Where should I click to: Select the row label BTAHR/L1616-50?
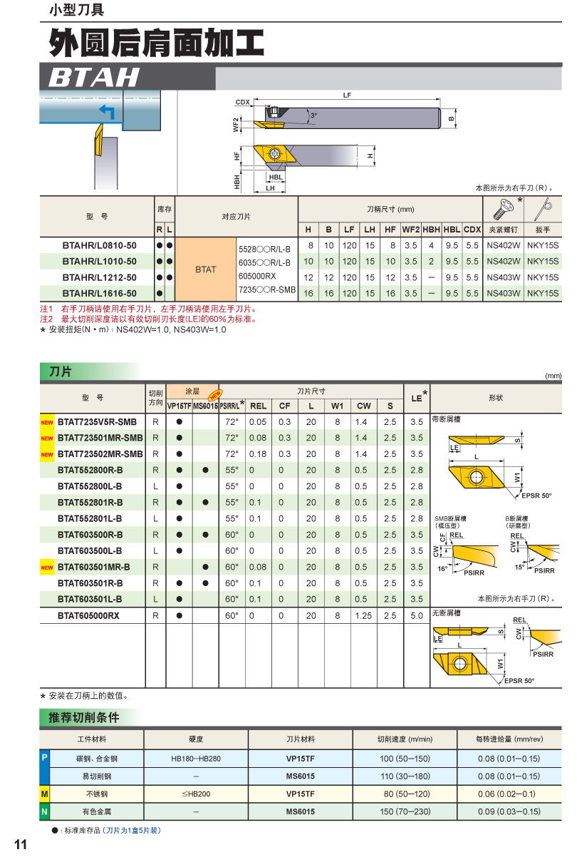[99, 293]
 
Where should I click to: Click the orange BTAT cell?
[205, 270]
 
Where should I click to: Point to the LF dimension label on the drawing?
[347, 95]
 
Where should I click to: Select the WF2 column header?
[410, 230]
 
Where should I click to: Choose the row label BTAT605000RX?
[88, 615]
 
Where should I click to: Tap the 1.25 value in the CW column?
[363, 615]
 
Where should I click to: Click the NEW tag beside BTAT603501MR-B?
[47, 568]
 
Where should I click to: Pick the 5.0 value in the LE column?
[417, 615]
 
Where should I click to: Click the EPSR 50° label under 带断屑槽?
[536, 496]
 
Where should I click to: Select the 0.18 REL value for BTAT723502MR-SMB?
[258, 454]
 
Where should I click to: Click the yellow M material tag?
[44, 794]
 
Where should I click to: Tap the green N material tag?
[44, 811]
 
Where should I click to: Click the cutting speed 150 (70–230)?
[405, 811]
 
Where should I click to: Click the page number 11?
[20, 845]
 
